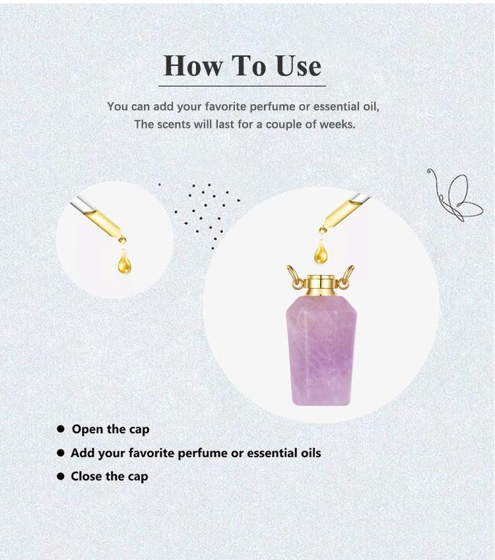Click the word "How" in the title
pos(193,66)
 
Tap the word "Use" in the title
pos(299,66)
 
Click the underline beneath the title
pos(242,86)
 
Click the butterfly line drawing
pos(455,195)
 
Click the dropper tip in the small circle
pos(122,240)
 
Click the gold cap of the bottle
pos(321,286)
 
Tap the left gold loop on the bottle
pos(295,277)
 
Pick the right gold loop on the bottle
pos(346,277)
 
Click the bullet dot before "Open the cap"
pos(61,429)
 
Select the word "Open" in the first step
pos(87,429)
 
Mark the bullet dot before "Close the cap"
pos(61,476)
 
